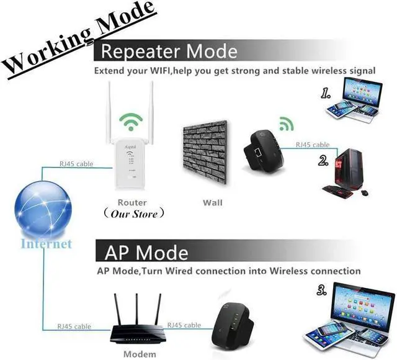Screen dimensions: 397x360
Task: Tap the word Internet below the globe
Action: pyautogui.click(x=47, y=243)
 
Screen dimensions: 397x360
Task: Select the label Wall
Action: pyautogui.click(x=212, y=202)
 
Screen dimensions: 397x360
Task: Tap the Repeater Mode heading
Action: pyautogui.click(x=169, y=50)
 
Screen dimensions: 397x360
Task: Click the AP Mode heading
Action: pyautogui.click(x=146, y=253)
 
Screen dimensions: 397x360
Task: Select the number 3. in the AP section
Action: pyautogui.click(x=321, y=290)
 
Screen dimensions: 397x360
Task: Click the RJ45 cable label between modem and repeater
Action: pyautogui.click(x=184, y=325)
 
